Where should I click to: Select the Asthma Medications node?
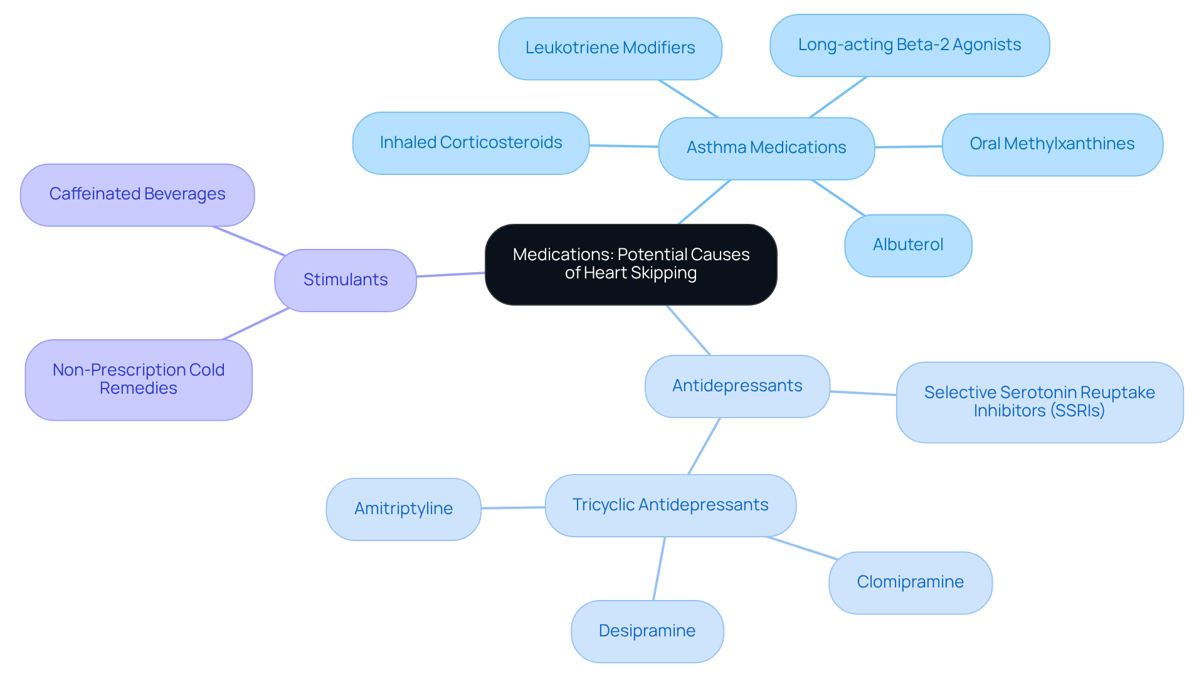pyautogui.click(x=766, y=148)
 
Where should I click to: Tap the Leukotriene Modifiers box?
pyautogui.click(x=610, y=48)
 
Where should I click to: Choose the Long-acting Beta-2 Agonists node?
pyautogui.click(x=909, y=45)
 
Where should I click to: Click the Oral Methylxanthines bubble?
pyautogui.click(x=1052, y=144)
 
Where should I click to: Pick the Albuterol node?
pyautogui.click(x=908, y=245)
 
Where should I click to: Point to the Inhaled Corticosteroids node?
pyautogui.click(x=471, y=143)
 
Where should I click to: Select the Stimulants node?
pyautogui.click(x=346, y=280)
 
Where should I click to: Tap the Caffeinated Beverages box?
pyautogui.click(x=137, y=194)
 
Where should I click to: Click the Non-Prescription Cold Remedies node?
pyautogui.click(x=139, y=379)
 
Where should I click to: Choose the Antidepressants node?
pyautogui.click(x=737, y=386)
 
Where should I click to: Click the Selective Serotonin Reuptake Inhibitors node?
pyautogui.click(x=1039, y=402)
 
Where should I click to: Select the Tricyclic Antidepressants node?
pyautogui.click(x=670, y=505)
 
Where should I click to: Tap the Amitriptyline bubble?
pyautogui.click(x=403, y=508)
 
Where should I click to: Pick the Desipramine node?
pyautogui.click(x=647, y=631)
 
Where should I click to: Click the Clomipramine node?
pyautogui.click(x=910, y=582)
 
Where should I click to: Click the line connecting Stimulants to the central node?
pyautogui.click(x=450, y=275)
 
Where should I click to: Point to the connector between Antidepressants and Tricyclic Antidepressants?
pyautogui.click(x=704, y=446)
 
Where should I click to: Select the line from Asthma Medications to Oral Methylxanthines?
pyautogui.click(x=908, y=147)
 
